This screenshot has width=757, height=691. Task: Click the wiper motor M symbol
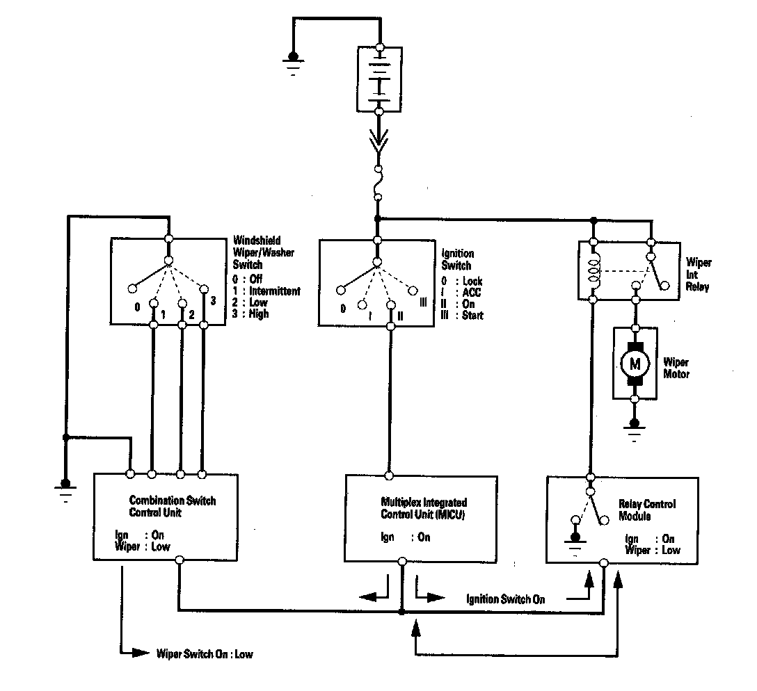coord(634,362)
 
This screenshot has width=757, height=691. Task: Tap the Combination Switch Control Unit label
coord(173,506)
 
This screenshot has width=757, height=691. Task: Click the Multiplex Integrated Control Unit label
coord(424,508)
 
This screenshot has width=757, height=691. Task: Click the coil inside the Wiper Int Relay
coord(593,272)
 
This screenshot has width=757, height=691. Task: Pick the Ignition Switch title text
coord(457,259)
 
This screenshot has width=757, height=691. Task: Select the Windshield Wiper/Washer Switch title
coord(264,252)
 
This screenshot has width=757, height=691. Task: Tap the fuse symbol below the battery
coord(378,184)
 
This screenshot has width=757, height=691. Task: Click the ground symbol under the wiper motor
coord(634,429)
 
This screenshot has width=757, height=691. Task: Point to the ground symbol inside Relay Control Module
coord(574,542)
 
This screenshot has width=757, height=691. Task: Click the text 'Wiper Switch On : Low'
coord(205,654)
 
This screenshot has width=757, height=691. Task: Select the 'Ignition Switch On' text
coord(506,599)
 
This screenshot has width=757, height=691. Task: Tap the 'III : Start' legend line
coord(462,315)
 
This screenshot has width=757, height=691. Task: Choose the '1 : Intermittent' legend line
coord(267,291)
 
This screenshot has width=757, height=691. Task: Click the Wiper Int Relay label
coord(698,275)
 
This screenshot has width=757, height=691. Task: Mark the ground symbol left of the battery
coord(293,62)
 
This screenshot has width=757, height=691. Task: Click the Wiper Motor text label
coord(676,368)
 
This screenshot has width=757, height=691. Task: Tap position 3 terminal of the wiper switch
coord(204,288)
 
